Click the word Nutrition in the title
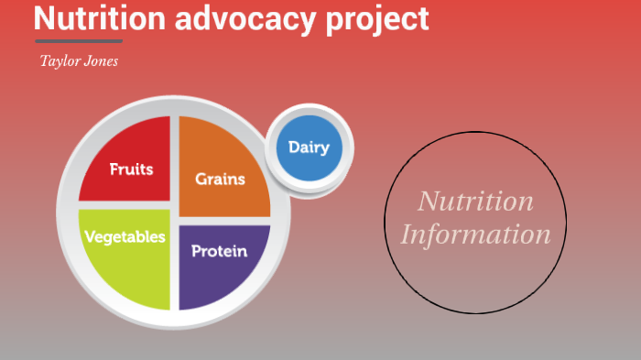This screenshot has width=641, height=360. pos(100,18)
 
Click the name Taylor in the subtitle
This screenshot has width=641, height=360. pos(59,61)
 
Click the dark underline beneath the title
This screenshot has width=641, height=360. pos(78,41)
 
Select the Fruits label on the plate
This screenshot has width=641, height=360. pos(131,169)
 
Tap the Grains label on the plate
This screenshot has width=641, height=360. pos(220,179)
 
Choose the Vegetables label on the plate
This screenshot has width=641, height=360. pos(125,236)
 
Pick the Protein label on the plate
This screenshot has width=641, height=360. pos(219,250)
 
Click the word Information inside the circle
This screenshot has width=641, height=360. pos(475,235)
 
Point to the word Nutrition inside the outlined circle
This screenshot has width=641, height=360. pos(475,201)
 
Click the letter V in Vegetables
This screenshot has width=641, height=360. pos(89,236)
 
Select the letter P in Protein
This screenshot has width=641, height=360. pos(196,250)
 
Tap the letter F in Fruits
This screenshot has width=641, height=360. pos(114,169)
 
